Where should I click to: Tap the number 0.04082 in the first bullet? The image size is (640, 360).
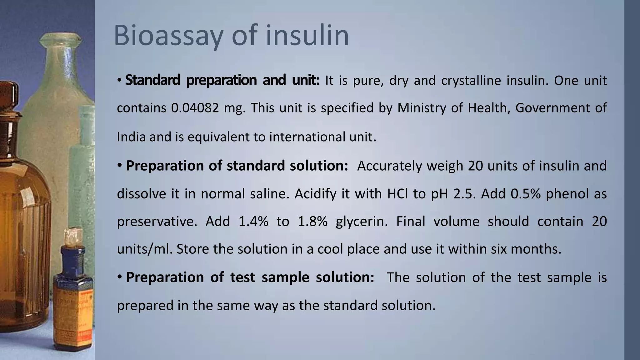coord(195,108)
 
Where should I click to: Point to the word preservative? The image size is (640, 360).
coord(157,221)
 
